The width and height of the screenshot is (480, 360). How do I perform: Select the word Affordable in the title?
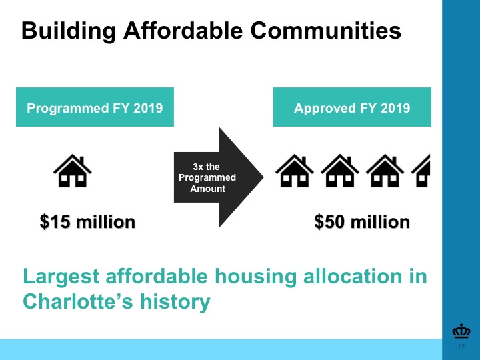coord(183,30)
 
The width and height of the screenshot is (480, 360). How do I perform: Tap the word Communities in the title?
coord(326,30)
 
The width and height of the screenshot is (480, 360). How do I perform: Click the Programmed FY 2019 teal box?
coord(95,107)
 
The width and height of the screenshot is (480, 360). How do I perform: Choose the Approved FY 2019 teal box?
coord(352,107)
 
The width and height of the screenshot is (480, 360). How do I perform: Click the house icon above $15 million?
coord(73,171)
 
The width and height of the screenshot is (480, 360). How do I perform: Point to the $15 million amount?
coord(87,221)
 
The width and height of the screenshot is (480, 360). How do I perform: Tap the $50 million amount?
coord(362,221)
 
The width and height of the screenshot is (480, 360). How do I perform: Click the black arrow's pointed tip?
coord(263,177)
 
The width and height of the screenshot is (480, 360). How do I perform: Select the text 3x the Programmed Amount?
coord(207,177)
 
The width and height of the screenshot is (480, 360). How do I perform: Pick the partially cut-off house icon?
coord(421,171)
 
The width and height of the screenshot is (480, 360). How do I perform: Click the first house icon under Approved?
coord(295,171)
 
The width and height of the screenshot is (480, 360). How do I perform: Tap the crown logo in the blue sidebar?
coord(461,331)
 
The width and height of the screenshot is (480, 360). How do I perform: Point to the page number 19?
coord(461,346)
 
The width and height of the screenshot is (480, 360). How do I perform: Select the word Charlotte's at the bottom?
coord(78,301)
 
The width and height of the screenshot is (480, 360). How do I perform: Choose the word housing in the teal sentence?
coord(255,277)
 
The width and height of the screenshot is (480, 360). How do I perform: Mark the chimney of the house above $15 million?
coord(82,161)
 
